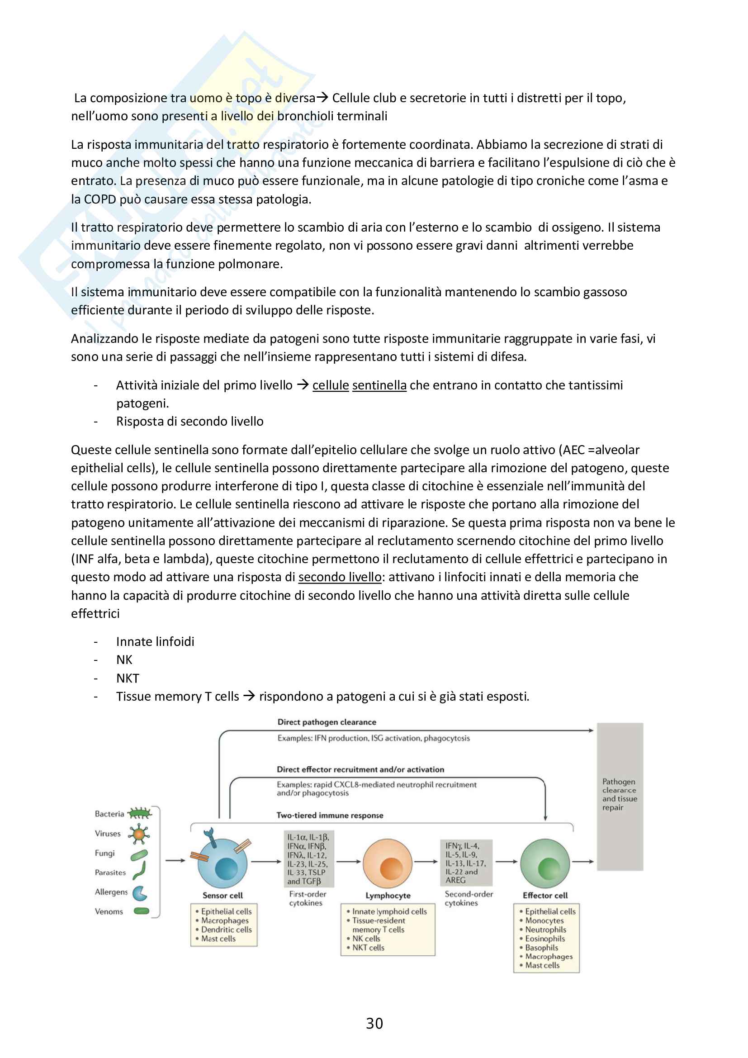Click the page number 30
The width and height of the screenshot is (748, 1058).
click(x=374, y=1023)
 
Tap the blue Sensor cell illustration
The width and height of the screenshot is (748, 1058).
click(x=223, y=863)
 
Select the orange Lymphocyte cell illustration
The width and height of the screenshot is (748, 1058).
click(x=388, y=863)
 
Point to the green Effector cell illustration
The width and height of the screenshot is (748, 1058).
click(x=545, y=863)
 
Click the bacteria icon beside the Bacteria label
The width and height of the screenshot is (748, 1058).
click(x=140, y=813)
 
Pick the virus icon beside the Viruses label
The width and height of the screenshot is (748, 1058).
click(x=139, y=834)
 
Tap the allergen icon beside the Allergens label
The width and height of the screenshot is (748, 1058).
click(x=140, y=892)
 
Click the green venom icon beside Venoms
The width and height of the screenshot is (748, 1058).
click(x=142, y=911)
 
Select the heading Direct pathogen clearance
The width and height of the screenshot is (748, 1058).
click(x=327, y=722)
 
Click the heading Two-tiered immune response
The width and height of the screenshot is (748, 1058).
click(x=329, y=815)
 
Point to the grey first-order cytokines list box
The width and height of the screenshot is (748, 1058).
click(x=308, y=859)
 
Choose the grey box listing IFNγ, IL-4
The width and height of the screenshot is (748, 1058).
click(x=466, y=863)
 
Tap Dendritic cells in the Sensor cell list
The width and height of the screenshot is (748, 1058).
click(x=226, y=930)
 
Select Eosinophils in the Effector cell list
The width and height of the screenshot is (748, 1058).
click(x=545, y=938)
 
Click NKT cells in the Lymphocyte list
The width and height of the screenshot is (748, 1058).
click(x=368, y=948)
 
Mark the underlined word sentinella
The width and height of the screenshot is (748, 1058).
click(x=379, y=385)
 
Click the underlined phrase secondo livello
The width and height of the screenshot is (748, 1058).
click(x=340, y=577)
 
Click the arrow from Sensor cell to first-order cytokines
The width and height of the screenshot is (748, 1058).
click(x=266, y=861)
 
